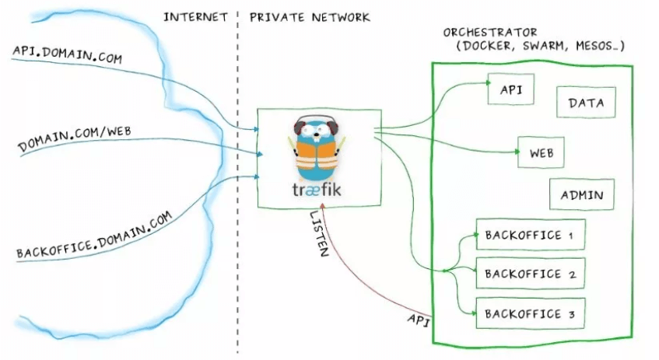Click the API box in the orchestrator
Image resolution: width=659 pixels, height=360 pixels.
(511, 90)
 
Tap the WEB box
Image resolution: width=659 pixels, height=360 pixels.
(541, 152)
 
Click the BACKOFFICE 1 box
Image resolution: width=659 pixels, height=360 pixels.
(529, 234)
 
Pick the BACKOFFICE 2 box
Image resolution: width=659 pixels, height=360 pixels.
(529, 274)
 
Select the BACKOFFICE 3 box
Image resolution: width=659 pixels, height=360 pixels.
(529, 314)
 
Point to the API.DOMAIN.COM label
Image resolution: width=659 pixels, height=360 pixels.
(67, 54)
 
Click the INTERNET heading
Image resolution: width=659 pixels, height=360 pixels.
(195, 16)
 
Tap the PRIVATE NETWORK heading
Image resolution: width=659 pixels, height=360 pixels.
(310, 16)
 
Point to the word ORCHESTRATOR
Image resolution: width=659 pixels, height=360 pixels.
(490, 33)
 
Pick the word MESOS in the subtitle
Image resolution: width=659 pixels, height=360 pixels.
(601, 47)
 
